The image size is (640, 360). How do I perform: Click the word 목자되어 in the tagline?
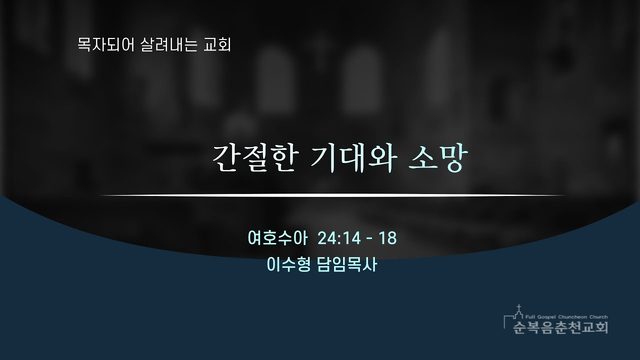point(106,44)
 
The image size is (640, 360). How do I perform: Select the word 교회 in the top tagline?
point(217,44)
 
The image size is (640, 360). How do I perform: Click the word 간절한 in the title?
point(255,158)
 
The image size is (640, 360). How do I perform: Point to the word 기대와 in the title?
point(352,158)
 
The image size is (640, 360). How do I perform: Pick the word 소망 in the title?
point(437,158)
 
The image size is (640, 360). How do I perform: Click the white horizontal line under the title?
point(333,196)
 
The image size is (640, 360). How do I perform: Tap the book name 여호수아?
point(277,238)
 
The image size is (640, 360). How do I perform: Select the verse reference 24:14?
point(339,238)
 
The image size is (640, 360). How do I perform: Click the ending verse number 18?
point(387,238)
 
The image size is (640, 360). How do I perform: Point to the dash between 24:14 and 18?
point(370,239)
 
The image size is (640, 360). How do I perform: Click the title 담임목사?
point(347,264)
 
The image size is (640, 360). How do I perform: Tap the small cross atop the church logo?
point(518,307)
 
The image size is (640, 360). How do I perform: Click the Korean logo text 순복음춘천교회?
point(560,327)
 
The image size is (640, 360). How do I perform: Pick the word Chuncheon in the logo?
point(570,317)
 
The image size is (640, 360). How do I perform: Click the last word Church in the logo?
point(598,317)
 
